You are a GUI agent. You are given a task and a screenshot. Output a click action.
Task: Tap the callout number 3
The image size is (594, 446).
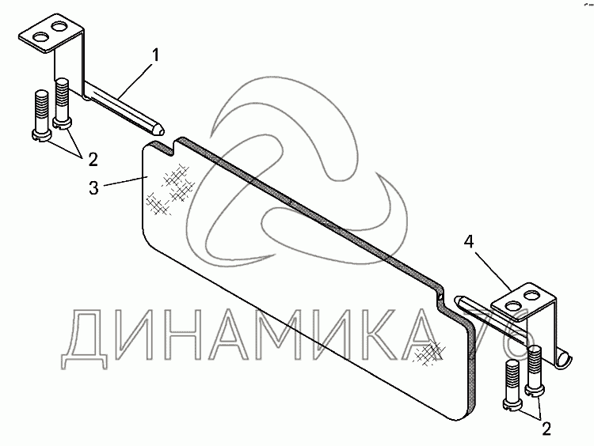(x=93, y=189)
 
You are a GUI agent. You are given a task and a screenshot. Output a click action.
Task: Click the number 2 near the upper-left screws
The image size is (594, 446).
(x=93, y=159)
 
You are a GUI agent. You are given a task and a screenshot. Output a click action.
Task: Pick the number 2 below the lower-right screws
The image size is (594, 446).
(x=546, y=428)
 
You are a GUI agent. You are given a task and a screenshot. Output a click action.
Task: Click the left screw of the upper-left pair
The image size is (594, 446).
(x=40, y=115)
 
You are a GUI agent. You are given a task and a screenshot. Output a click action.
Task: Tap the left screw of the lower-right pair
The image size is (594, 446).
(x=512, y=384)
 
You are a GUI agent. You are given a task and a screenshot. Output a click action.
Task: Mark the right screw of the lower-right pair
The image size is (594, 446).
(x=535, y=369)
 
